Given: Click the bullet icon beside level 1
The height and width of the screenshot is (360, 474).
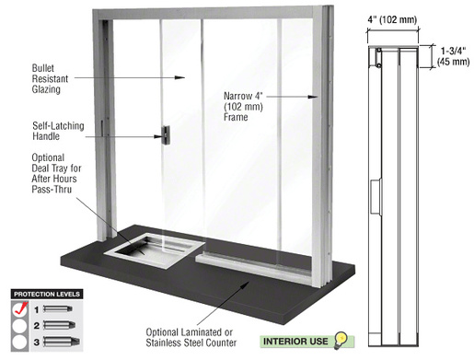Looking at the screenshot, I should coord(61,310).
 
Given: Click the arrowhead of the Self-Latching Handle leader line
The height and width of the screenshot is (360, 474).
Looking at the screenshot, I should coord(157,136).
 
